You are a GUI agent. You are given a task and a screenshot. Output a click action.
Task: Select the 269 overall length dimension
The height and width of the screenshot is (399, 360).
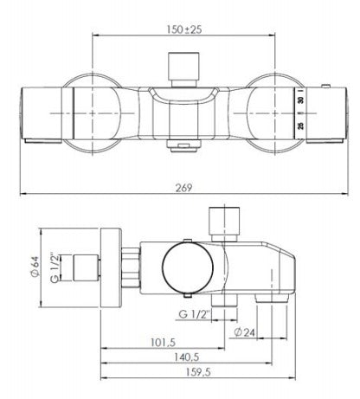pyautogui.click(x=183, y=187)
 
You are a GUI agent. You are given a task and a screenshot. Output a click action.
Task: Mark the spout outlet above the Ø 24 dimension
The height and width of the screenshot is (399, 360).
pyautogui.click(x=278, y=297)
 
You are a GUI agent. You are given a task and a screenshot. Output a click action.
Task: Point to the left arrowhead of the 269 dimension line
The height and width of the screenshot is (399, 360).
pyautogui.click(x=23, y=194)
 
